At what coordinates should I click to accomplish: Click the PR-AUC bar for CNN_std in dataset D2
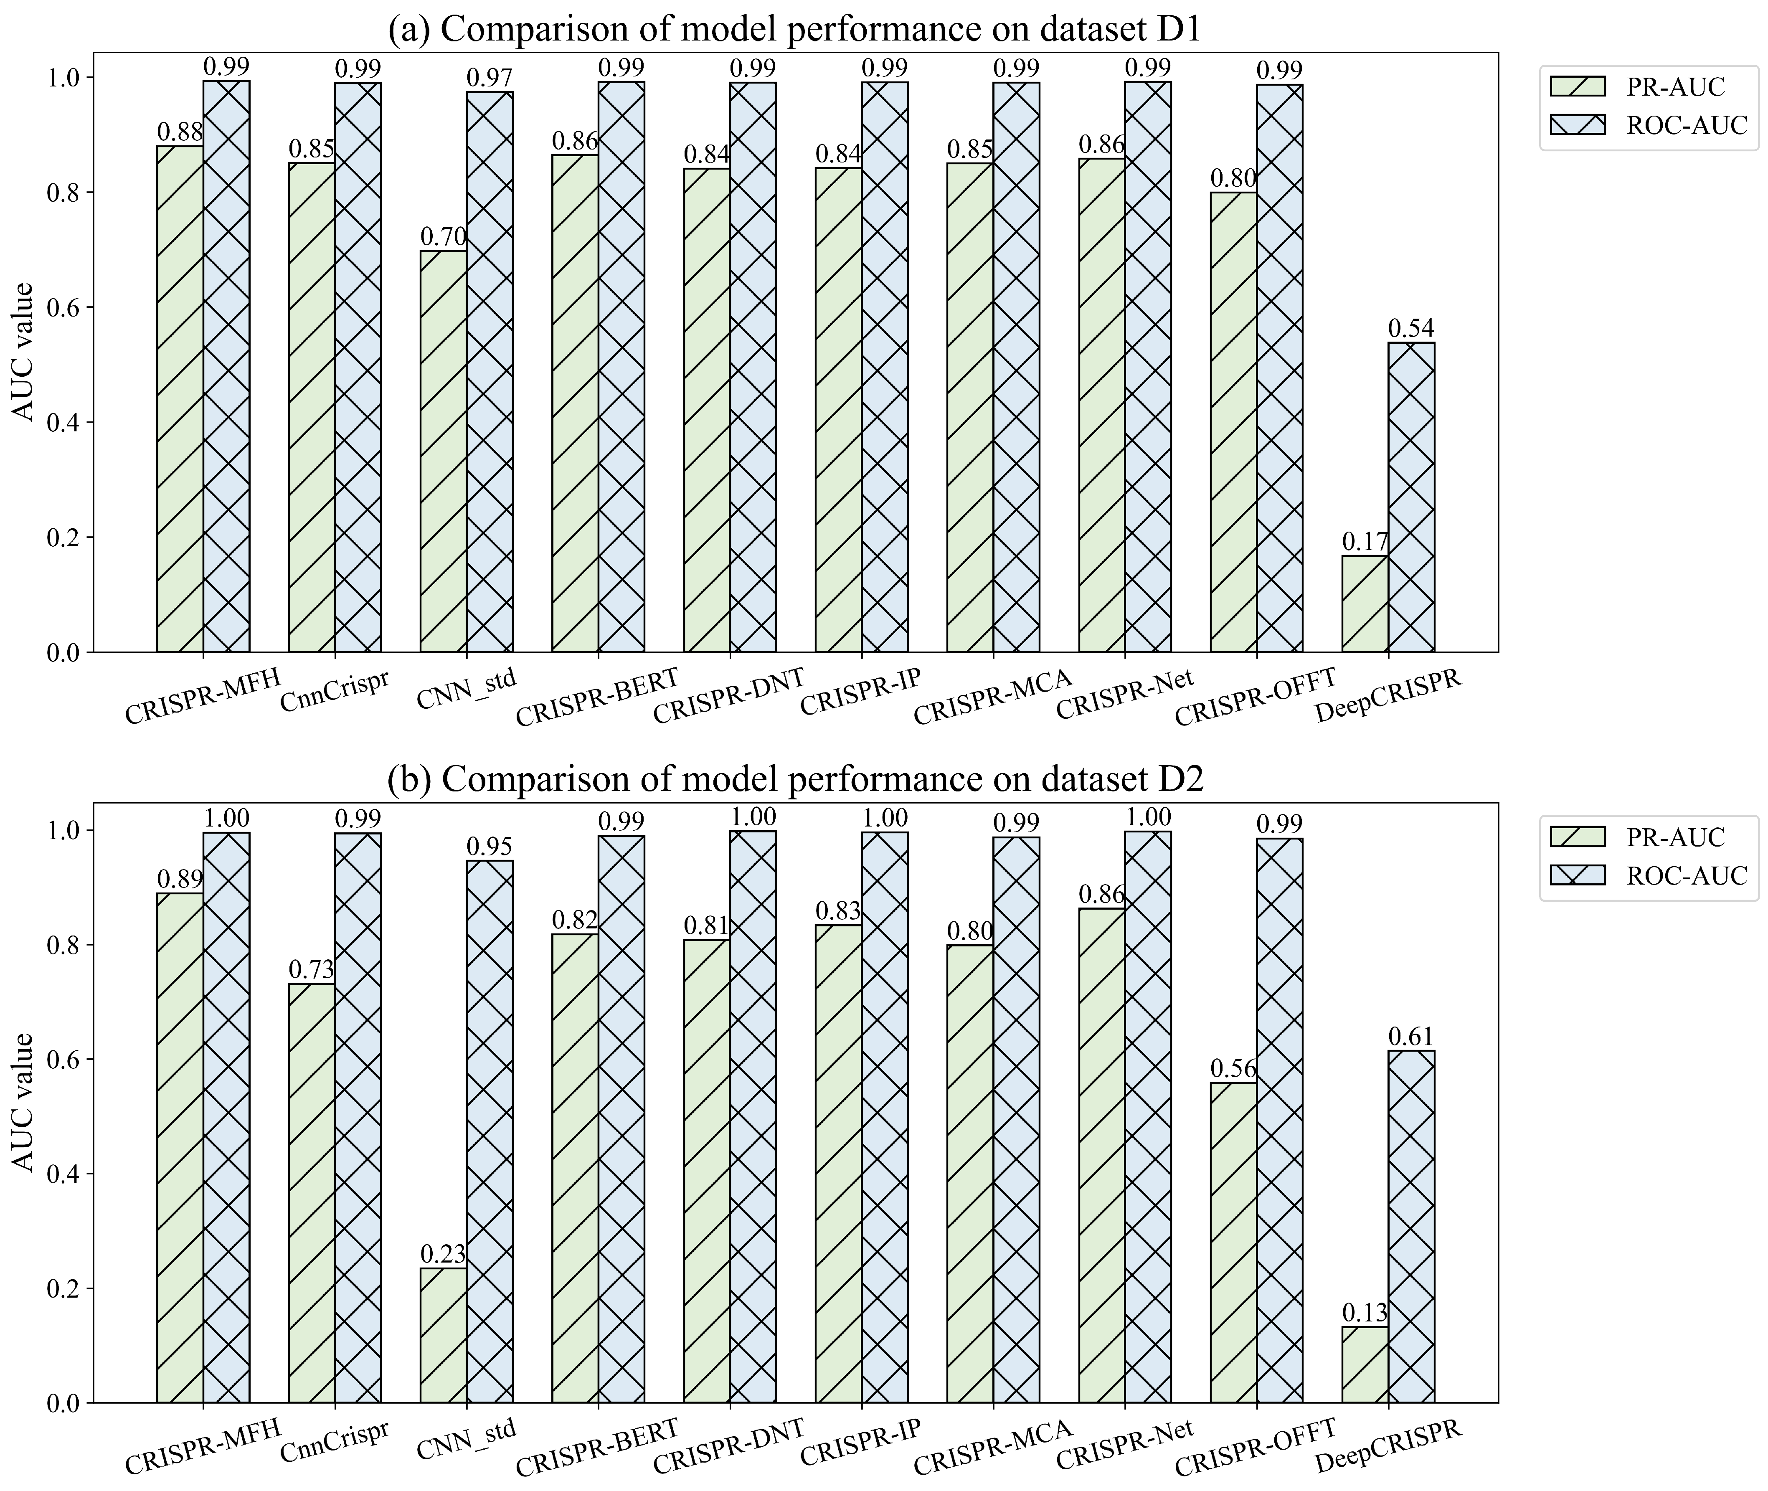tap(443, 1336)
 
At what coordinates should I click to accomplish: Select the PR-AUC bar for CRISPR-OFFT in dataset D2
tap(1233, 1242)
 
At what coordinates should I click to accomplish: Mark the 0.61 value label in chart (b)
tap(1410, 1036)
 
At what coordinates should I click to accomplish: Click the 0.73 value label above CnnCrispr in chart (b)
tap(311, 969)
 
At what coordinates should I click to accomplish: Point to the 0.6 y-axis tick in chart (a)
tap(65, 308)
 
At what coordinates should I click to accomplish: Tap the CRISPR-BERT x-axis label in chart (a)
tap(597, 697)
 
